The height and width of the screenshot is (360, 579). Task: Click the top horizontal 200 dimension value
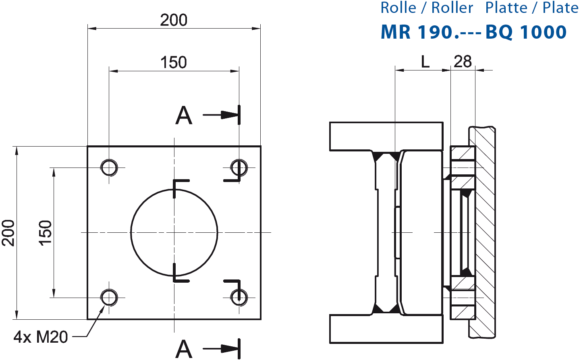(174, 20)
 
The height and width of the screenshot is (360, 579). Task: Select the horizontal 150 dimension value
(174, 62)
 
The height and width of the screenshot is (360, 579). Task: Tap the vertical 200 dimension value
(8, 233)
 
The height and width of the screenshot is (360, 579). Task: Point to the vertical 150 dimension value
(46, 233)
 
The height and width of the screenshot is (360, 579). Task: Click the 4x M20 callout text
(41, 337)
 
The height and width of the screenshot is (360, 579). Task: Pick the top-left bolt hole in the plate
(109, 167)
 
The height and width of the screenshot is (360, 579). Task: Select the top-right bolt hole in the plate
(239, 167)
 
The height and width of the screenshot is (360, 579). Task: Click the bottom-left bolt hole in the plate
(109, 298)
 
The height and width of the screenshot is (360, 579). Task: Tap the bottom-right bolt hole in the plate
(239, 298)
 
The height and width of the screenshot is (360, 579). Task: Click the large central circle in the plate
(174, 232)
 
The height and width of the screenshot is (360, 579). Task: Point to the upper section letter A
(184, 116)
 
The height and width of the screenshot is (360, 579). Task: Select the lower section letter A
(184, 349)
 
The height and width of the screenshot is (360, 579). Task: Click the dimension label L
(425, 62)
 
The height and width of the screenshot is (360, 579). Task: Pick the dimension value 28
(463, 62)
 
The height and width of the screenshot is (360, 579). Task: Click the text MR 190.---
(431, 32)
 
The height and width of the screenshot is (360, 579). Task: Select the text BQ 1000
(526, 32)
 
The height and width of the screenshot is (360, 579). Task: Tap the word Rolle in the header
(398, 8)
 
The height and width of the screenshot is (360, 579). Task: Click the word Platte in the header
(506, 8)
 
